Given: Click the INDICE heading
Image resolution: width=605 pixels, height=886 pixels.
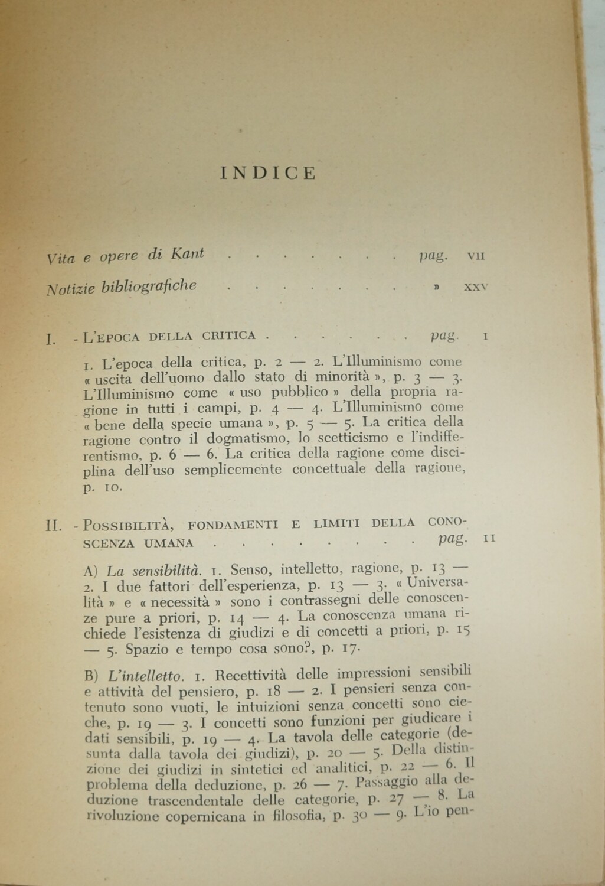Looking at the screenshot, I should click(x=268, y=172).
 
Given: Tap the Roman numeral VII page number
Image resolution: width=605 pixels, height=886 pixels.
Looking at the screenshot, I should click(x=476, y=257).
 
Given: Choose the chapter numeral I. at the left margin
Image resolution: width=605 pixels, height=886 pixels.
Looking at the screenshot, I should click(x=50, y=338).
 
